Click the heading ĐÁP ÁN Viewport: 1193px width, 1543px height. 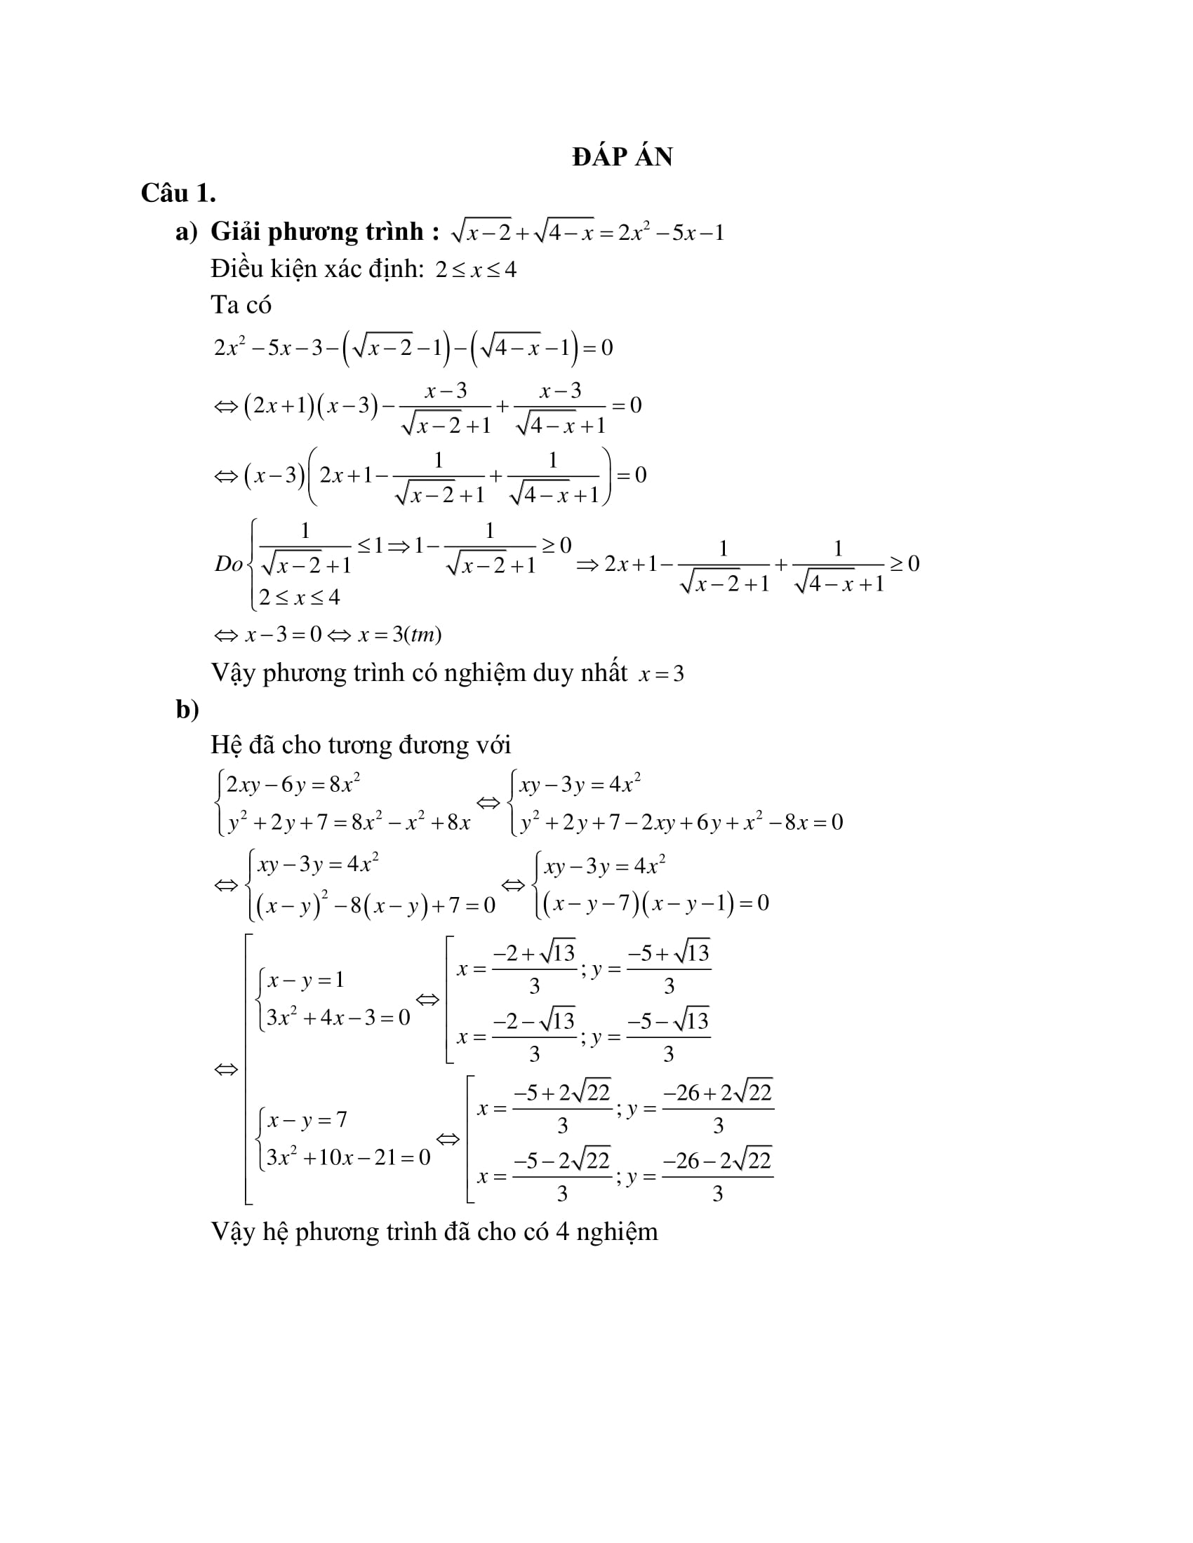tap(622, 157)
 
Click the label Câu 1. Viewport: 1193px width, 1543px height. tap(178, 194)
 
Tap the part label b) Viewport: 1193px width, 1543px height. tap(187, 708)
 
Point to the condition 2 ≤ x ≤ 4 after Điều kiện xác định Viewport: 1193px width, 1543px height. tap(476, 270)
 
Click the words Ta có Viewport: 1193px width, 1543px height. tap(241, 305)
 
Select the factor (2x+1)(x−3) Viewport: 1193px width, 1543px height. tap(309, 405)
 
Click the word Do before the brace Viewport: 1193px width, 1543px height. tap(228, 564)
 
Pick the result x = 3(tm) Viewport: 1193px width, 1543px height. tap(399, 635)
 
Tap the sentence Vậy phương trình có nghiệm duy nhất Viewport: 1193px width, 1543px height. tap(418, 673)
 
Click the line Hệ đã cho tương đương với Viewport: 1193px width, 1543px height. tap(361, 746)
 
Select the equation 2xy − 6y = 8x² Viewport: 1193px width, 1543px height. tap(293, 784)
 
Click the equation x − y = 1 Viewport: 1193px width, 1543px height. tap(305, 980)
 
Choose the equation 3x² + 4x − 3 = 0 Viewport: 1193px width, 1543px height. tap(338, 1018)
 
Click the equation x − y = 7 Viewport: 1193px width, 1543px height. tap(307, 1120)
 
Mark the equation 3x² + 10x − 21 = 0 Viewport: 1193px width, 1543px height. tap(347, 1157)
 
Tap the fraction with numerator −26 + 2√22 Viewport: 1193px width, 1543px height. tap(717, 1107)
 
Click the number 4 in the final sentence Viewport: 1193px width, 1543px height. tap(562, 1232)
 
